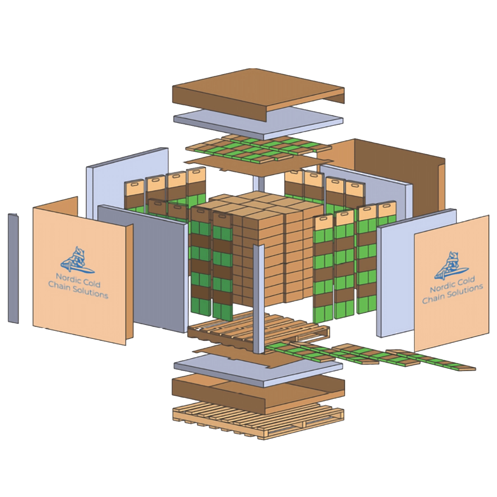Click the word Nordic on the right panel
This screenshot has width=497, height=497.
coord(442,287)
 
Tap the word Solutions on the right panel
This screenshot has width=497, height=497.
coord(465,291)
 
